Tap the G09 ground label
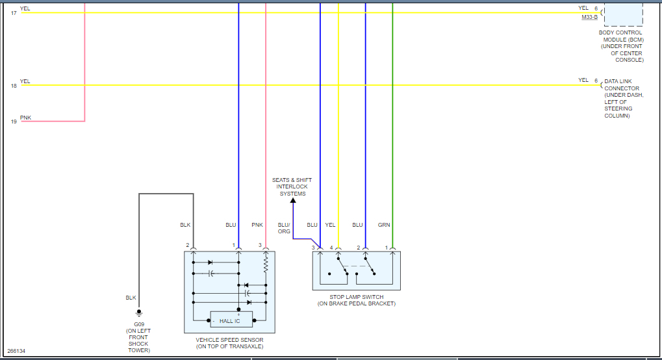pyautogui.click(x=138, y=324)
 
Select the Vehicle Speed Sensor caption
pyautogui.click(x=230, y=343)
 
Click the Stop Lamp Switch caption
pyautogui.click(x=356, y=300)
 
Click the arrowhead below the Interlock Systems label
pyautogui.click(x=292, y=201)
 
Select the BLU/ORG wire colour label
pyautogui.click(x=284, y=228)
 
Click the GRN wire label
pyautogui.click(x=384, y=225)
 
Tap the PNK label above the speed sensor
pyautogui.click(x=257, y=225)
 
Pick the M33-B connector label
pyautogui.click(x=591, y=18)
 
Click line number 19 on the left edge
pyautogui.click(x=14, y=122)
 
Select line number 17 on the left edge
pyautogui.click(x=14, y=13)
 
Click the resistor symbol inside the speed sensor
pyautogui.click(x=266, y=264)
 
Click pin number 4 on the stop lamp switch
pyautogui.click(x=331, y=248)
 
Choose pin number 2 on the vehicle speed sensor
pyautogui.click(x=187, y=245)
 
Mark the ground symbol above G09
pyautogui.click(x=138, y=313)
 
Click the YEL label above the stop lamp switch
pyautogui.click(x=330, y=225)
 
